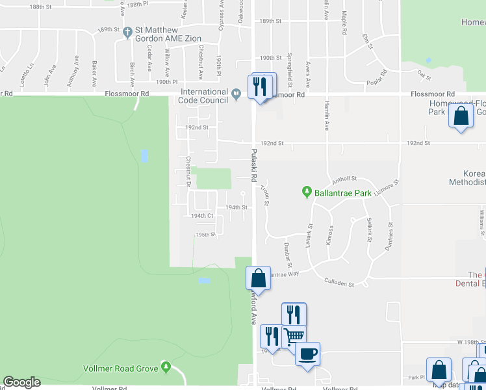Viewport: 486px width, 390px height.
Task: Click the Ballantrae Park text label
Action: (342, 192)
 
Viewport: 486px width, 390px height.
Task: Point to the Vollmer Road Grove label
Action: (121, 369)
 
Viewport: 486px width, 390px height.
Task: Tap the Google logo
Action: (21, 382)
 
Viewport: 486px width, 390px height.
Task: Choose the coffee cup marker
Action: (307, 354)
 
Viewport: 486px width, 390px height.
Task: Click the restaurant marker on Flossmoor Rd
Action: (261, 85)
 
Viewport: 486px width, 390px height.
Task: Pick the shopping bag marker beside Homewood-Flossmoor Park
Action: (461, 116)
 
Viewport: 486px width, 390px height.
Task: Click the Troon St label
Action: (265, 196)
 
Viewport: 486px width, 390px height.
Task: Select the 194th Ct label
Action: (202, 216)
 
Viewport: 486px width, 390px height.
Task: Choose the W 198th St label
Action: (471, 342)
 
